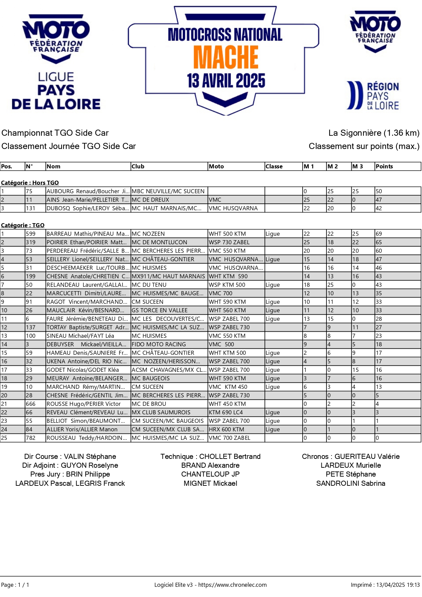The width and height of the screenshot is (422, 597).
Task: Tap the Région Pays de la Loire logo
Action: point(373,96)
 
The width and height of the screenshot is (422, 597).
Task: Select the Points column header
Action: point(384,166)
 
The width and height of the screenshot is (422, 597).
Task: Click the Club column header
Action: point(138,166)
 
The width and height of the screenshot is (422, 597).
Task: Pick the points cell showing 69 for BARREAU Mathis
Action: point(379,234)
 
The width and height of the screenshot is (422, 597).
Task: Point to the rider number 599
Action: point(31,234)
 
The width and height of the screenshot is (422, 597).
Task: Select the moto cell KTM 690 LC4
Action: point(226,412)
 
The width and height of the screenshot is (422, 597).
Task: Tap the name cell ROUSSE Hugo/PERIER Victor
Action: point(84,404)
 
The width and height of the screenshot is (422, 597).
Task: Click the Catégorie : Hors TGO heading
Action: point(30,183)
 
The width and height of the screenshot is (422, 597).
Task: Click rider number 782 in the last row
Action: point(31,438)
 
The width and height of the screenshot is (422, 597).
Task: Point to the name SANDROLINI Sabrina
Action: point(351,483)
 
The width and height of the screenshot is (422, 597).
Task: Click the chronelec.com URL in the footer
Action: point(232,585)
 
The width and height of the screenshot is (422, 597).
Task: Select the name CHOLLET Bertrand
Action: point(230,457)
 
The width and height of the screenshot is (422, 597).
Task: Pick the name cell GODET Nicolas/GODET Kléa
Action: point(83,370)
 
